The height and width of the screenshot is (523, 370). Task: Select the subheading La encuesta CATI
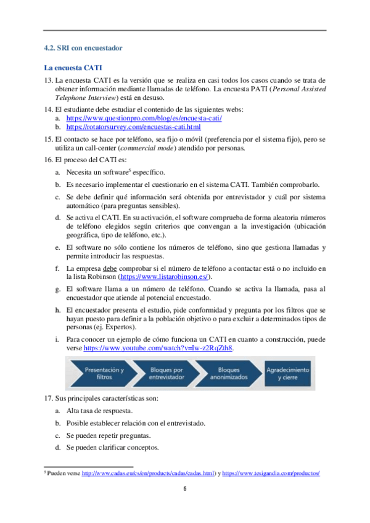click(x=73, y=67)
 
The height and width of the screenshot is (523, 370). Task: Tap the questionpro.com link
click(x=144, y=118)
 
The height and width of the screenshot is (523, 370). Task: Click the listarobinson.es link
click(x=165, y=278)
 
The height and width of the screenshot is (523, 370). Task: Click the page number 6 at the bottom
click(x=184, y=489)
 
